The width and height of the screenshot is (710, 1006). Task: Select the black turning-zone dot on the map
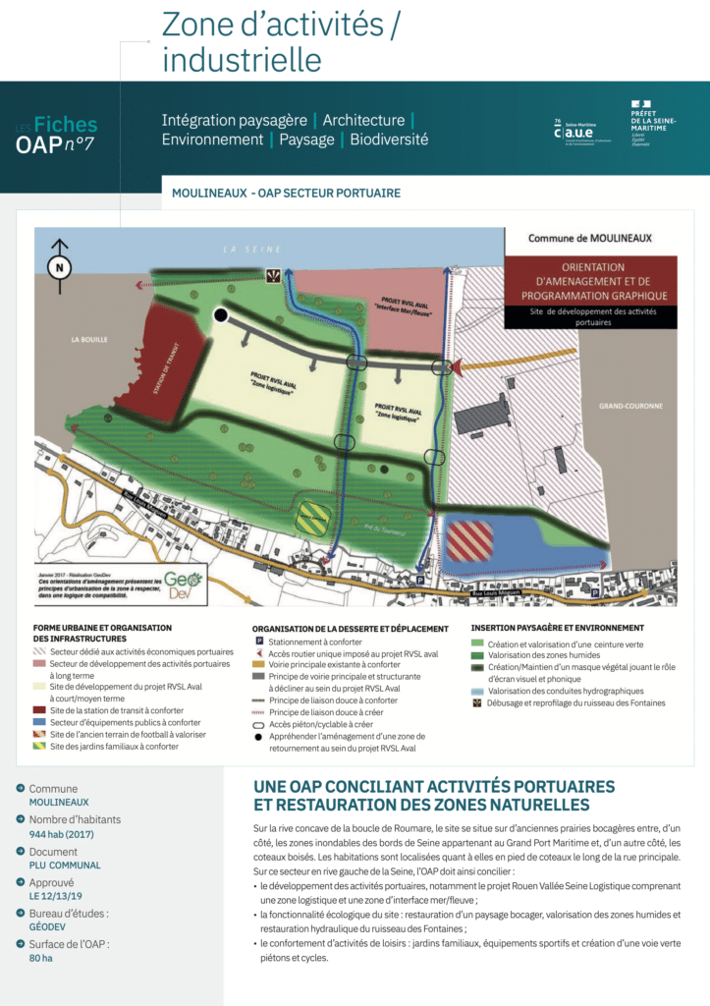pyautogui.click(x=221, y=314)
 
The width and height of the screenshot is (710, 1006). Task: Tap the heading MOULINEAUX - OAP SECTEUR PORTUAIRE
pyautogui.click(x=286, y=193)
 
